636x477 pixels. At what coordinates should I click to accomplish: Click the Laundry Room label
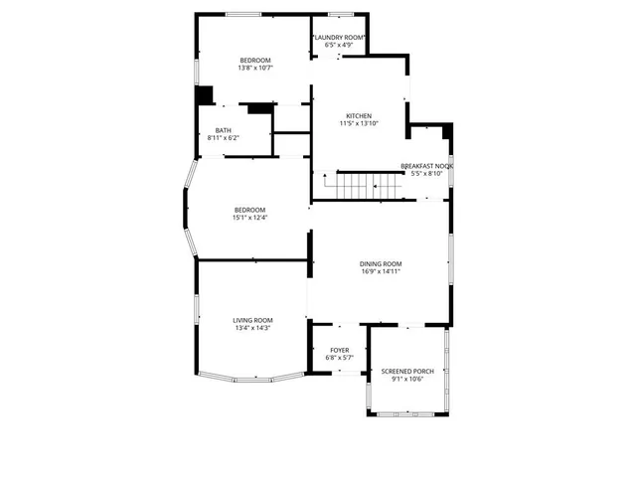click(341, 38)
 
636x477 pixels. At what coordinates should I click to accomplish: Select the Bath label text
click(224, 130)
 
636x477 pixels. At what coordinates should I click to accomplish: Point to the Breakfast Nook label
click(426, 166)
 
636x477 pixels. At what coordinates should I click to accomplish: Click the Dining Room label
click(381, 263)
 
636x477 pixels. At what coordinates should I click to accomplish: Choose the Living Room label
click(252, 320)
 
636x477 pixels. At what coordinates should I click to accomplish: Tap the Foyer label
click(340, 351)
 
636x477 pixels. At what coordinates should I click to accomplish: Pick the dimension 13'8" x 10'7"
click(255, 69)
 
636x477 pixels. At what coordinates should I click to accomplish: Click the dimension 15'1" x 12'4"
click(250, 218)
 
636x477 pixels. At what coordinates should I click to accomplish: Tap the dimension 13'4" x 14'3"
click(252, 328)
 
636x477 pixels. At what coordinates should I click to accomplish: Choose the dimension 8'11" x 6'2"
click(224, 138)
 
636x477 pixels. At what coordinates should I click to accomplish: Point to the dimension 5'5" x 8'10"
click(426, 174)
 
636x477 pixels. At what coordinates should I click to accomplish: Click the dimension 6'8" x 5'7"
click(340, 359)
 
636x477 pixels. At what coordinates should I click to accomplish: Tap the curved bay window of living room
click(251, 377)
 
